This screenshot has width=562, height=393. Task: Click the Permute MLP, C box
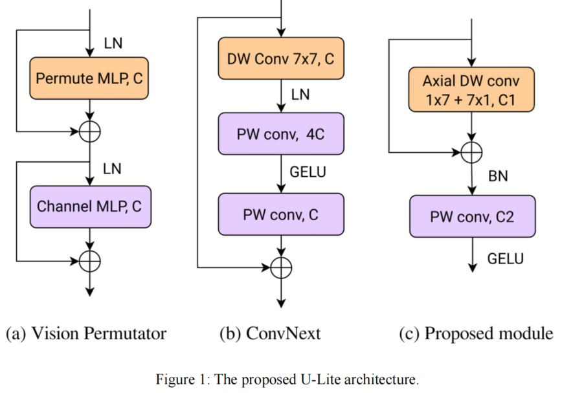click(89, 79)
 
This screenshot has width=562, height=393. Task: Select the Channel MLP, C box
click(89, 207)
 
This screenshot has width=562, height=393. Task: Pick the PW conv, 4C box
click(280, 134)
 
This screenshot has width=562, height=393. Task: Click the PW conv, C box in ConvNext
click(280, 214)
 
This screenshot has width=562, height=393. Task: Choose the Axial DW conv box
click(471, 90)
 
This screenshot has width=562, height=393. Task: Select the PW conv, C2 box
click(471, 216)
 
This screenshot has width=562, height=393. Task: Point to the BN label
click(498, 175)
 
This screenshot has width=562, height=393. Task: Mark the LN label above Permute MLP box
click(113, 44)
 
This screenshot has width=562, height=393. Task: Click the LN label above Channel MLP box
click(113, 169)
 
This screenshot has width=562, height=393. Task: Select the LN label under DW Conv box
click(300, 95)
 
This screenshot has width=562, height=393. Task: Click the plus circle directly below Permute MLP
click(89, 133)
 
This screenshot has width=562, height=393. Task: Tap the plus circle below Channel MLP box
click(89, 261)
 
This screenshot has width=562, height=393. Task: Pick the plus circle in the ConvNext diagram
click(281, 267)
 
